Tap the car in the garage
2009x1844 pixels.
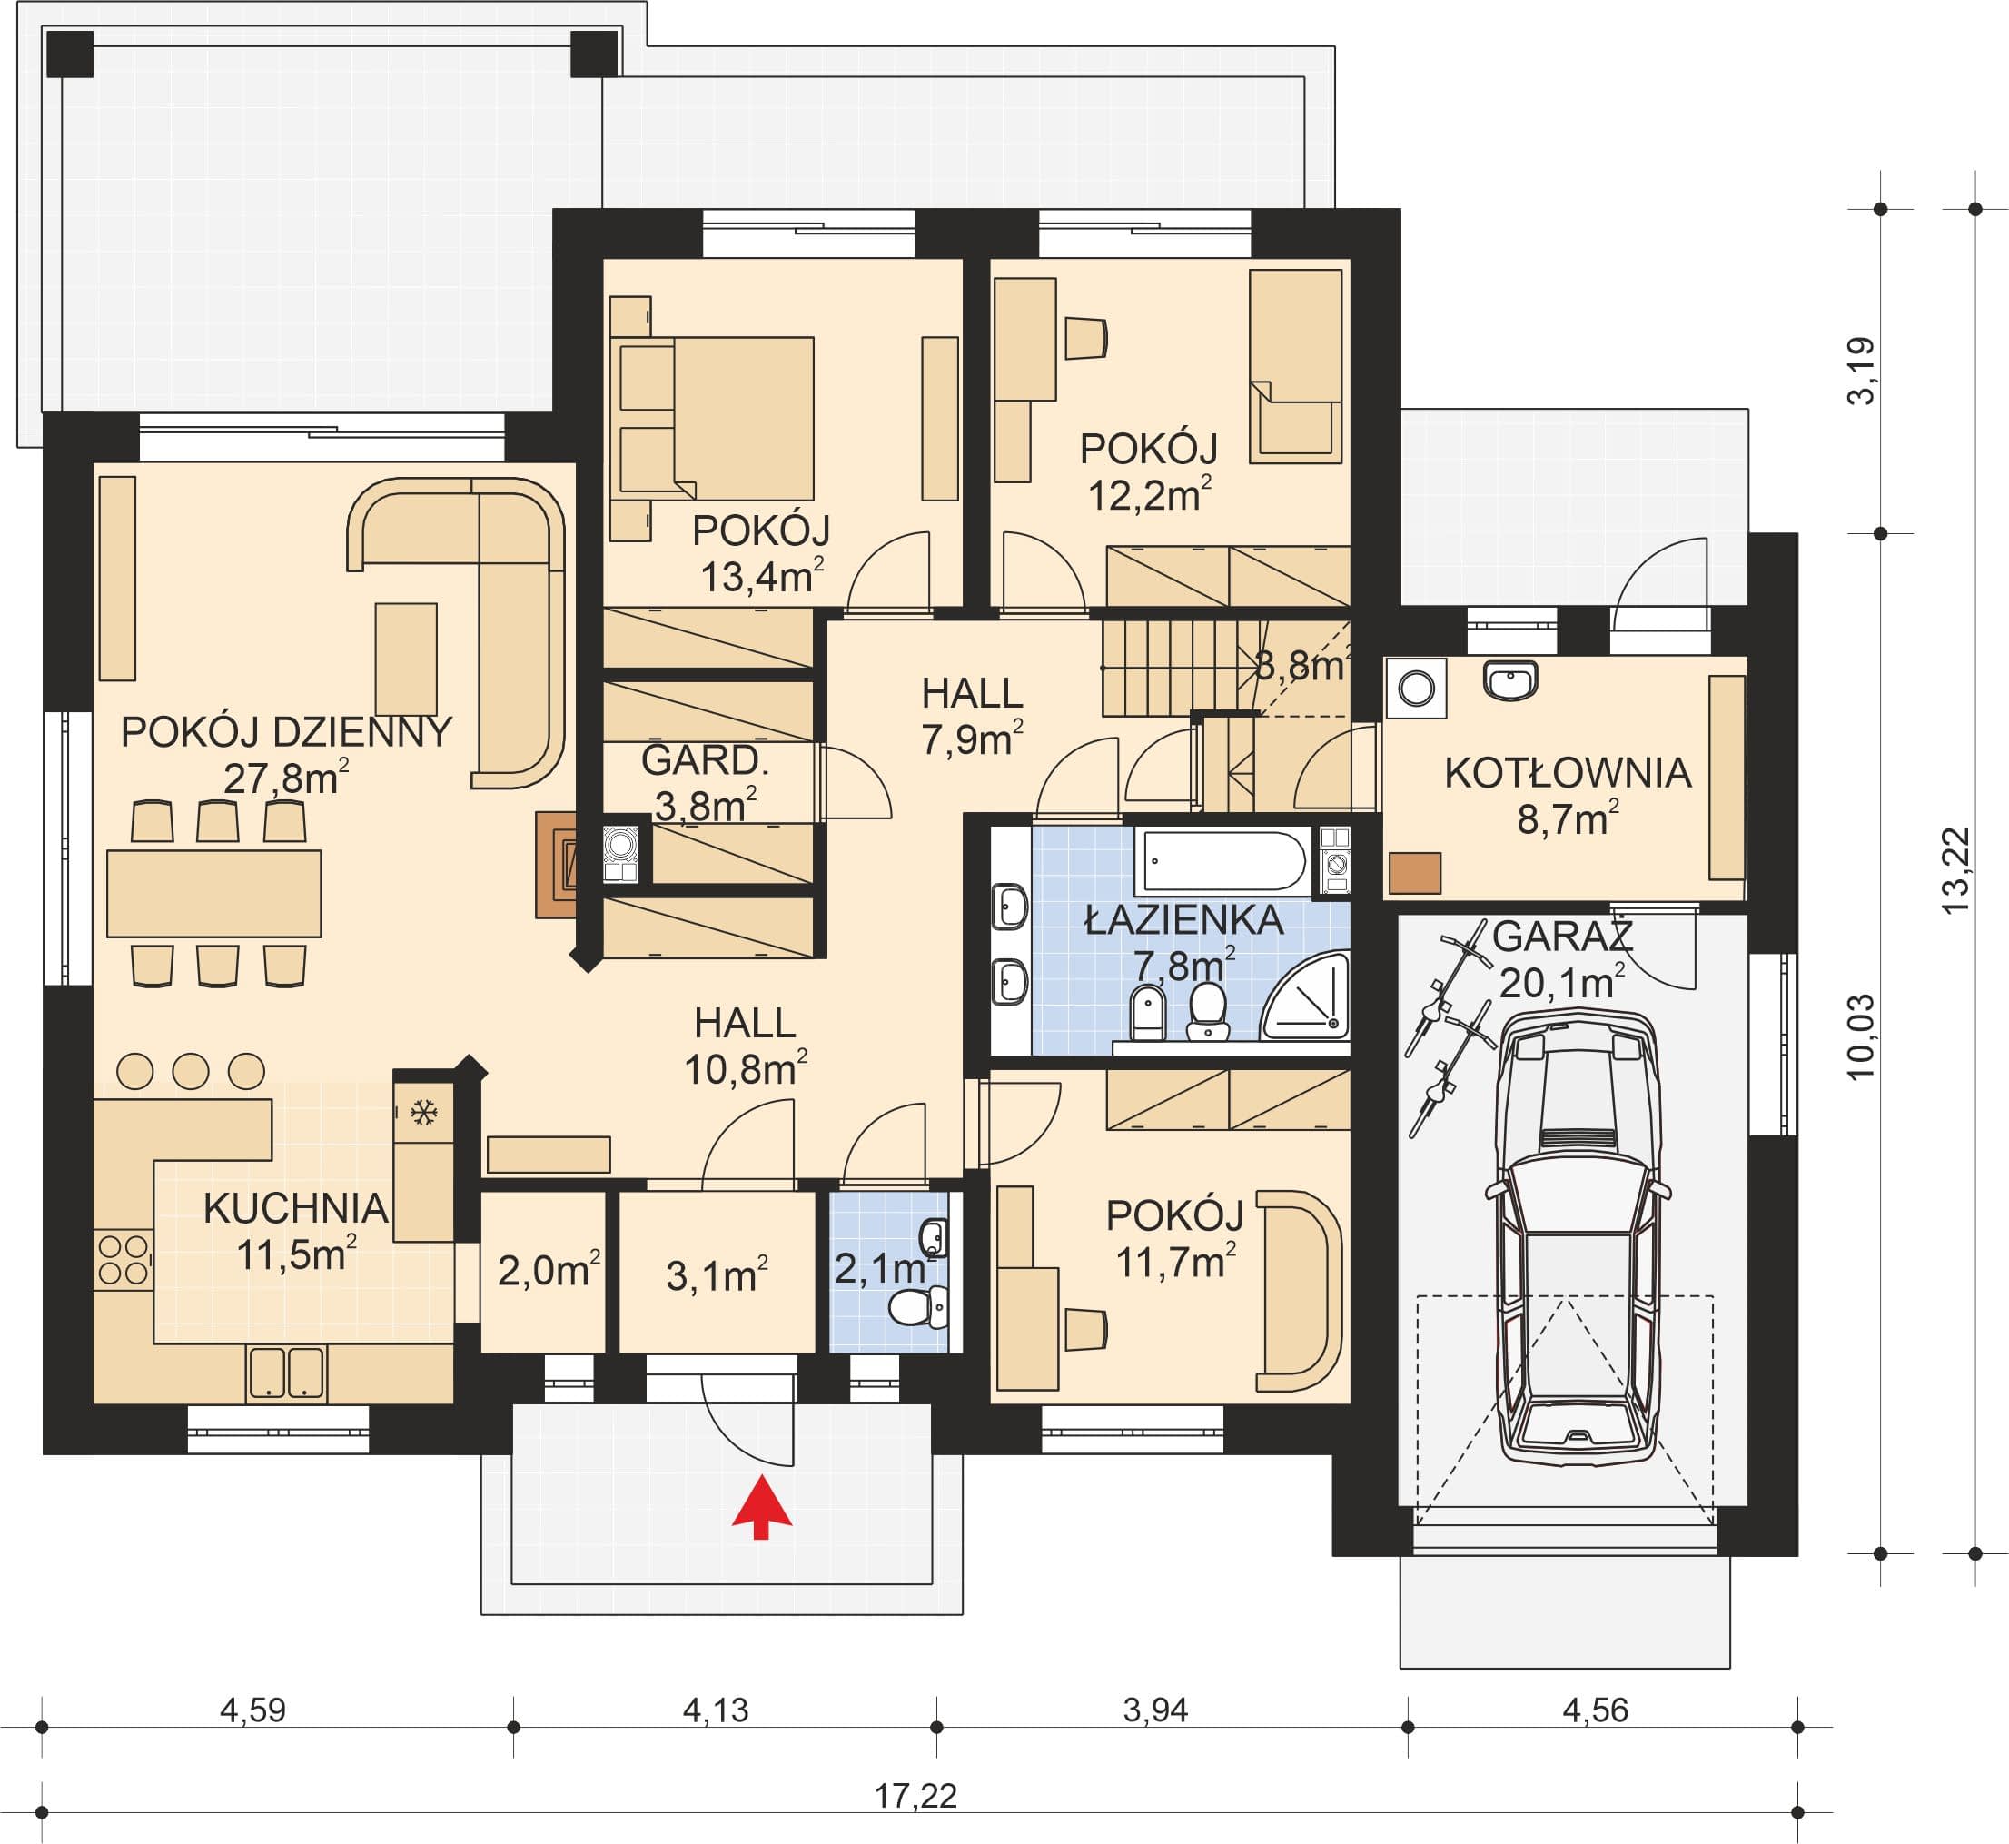click(x=1578, y=1234)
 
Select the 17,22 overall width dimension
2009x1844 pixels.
click(x=915, y=1796)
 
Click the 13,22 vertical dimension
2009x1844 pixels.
click(x=1956, y=871)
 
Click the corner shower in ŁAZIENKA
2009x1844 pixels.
click(x=1306, y=996)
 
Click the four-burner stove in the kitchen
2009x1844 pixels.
click(x=123, y=1259)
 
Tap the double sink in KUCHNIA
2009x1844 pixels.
click(x=286, y=1373)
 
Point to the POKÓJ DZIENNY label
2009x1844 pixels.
click(x=286, y=732)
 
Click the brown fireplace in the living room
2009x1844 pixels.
click(x=557, y=864)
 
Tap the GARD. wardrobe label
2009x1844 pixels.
click(x=704, y=760)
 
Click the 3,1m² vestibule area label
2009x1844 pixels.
click(x=717, y=1276)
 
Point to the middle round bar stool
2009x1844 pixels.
click(x=191, y=1071)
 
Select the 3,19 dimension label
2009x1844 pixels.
click(x=1861, y=371)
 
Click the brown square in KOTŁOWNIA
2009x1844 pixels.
click(x=1414, y=873)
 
